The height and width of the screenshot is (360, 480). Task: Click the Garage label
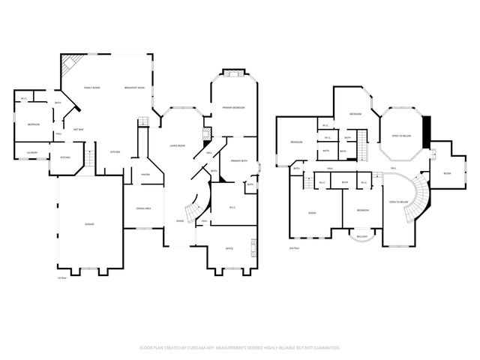click(89, 225)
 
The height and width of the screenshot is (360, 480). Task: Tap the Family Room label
click(91, 88)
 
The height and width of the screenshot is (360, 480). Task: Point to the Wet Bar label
click(78, 129)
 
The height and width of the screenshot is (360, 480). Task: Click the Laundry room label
click(31, 153)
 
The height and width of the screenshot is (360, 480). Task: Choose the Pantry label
click(147, 175)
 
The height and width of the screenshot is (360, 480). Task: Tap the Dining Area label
click(144, 208)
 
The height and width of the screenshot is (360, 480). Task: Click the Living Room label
click(178, 146)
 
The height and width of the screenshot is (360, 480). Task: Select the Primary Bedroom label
click(233, 108)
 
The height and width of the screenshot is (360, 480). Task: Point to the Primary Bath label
click(238, 160)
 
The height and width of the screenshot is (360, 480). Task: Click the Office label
click(229, 248)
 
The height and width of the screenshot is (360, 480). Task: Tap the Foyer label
click(180, 221)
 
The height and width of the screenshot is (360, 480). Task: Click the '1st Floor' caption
click(63, 277)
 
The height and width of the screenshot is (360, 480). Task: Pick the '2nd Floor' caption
click(294, 247)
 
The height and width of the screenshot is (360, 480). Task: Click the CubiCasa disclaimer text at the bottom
click(240, 348)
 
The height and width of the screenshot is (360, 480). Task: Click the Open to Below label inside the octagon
click(401, 136)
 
